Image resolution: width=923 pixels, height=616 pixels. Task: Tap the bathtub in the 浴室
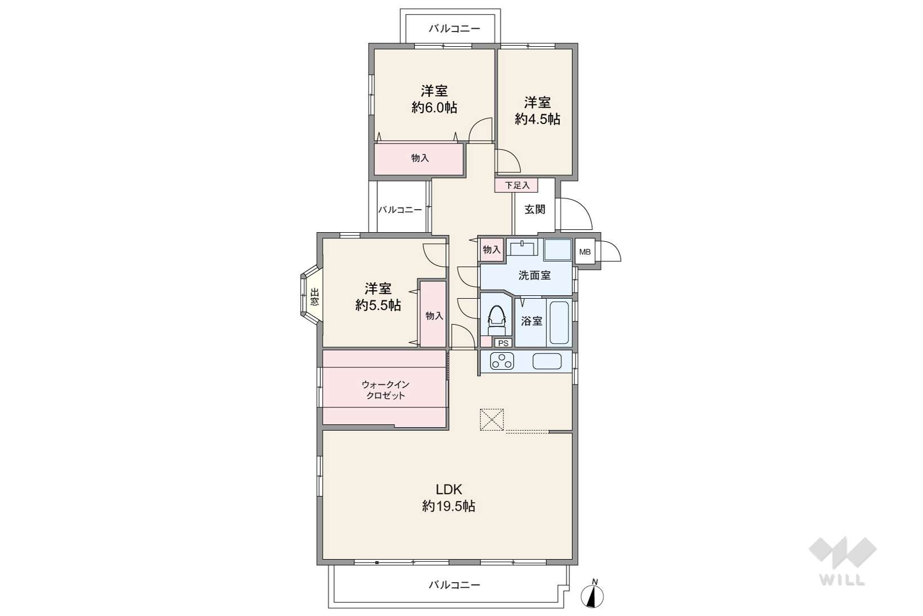[x=559, y=322]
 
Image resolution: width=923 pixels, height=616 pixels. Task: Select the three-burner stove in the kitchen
[x=502, y=362]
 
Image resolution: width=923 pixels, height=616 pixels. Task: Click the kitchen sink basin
[x=547, y=362]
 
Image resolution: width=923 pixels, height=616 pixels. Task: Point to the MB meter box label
[x=585, y=252]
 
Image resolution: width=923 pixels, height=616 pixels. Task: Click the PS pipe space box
[x=503, y=343]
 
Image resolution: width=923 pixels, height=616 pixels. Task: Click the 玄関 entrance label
[x=534, y=210]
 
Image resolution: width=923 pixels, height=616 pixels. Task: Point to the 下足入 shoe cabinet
[x=516, y=185]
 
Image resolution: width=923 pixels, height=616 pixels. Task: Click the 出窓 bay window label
[x=314, y=297]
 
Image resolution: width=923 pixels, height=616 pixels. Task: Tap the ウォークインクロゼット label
[x=385, y=390]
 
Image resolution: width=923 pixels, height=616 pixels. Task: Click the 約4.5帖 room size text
[x=537, y=119]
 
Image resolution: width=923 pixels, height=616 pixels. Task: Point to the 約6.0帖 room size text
[x=434, y=108]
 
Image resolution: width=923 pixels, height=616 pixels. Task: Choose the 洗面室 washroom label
[x=534, y=275]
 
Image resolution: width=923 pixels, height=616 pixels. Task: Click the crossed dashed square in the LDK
[x=492, y=420]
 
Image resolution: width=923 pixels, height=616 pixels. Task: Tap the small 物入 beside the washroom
[x=492, y=250]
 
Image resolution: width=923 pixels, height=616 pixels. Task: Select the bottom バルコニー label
[x=454, y=584]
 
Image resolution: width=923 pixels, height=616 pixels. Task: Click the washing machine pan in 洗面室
[x=558, y=250]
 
